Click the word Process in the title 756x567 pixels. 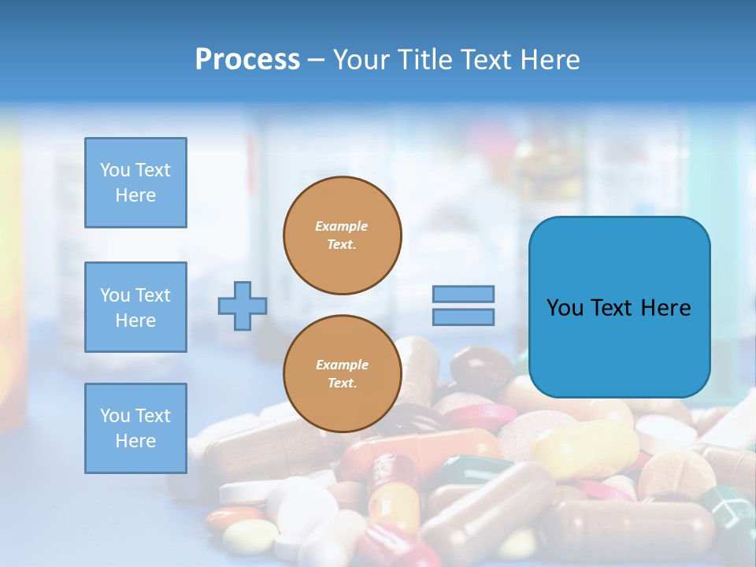(x=247, y=60)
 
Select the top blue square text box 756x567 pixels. (x=135, y=183)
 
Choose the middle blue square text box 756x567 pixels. (x=135, y=307)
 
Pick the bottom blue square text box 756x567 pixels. (x=135, y=428)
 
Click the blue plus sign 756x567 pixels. (x=243, y=306)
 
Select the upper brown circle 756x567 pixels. (x=343, y=235)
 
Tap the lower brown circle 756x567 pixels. (x=343, y=374)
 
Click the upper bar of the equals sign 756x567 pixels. (x=463, y=295)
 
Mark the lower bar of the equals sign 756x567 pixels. (x=463, y=317)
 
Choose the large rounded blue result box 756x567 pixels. (x=619, y=307)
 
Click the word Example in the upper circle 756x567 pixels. (x=342, y=226)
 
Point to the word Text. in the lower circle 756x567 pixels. (x=342, y=384)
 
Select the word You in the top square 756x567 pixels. (x=115, y=170)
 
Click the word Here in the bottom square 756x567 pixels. (x=135, y=441)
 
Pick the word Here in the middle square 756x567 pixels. (x=135, y=321)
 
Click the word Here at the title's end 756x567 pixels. (x=550, y=60)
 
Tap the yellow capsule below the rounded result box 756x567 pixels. (x=583, y=449)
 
